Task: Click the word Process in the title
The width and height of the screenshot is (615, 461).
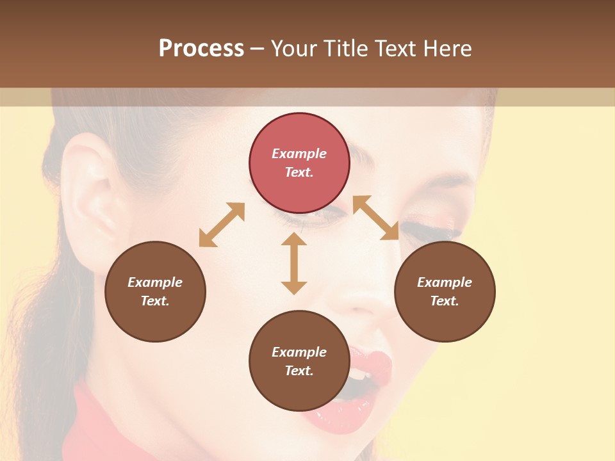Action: [x=201, y=49]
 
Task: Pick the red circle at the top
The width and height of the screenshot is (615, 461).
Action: [x=299, y=163]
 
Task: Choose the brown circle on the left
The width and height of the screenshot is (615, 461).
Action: [x=155, y=291]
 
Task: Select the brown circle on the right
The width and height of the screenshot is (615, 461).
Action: [x=444, y=291]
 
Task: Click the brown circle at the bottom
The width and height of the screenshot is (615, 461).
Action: [x=299, y=361]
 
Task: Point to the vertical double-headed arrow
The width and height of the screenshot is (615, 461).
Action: [x=294, y=263]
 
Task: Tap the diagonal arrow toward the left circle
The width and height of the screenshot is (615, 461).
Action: [x=222, y=225]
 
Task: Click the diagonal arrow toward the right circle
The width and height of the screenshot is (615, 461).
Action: [x=375, y=218]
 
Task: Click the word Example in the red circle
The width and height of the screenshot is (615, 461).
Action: [x=299, y=154]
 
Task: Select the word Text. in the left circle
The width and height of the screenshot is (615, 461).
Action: [x=155, y=301]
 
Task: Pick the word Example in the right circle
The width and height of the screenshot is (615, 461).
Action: [x=444, y=282]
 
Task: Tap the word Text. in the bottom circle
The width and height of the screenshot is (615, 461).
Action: [x=299, y=371]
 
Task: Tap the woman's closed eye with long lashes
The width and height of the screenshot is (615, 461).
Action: [x=436, y=227]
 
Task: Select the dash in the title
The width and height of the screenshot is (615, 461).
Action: [x=257, y=49]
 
